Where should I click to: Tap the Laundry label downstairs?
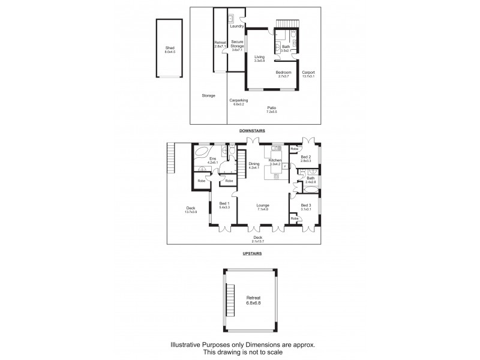pyautogui.click(x=236, y=26)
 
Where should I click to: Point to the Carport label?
pyautogui.click(x=308, y=74)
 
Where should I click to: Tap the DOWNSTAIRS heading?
pyautogui.click(x=252, y=130)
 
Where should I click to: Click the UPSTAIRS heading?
pyautogui.click(x=252, y=254)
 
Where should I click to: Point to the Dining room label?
pyautogui.click(x=254, y=165)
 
